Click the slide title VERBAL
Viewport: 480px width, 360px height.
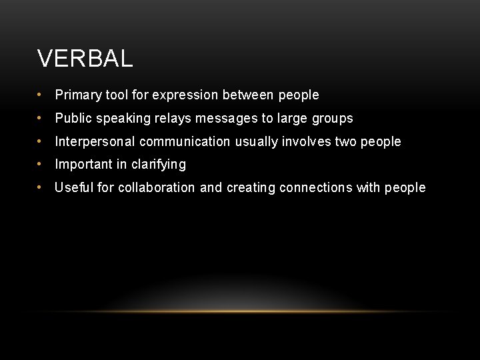85,59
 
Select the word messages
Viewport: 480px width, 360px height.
226,119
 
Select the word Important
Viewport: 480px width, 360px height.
83,164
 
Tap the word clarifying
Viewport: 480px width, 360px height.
159,165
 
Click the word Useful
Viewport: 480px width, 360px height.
73,187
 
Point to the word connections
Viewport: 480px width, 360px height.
316,187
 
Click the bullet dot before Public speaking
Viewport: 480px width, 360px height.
41,119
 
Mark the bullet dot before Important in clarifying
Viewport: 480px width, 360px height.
41,164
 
